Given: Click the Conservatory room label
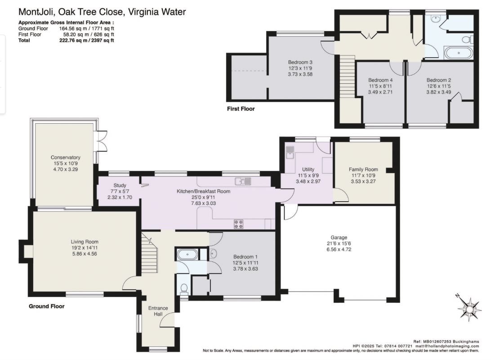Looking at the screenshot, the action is tap(66, 157).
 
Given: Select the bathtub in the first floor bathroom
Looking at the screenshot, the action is tap(459, 53).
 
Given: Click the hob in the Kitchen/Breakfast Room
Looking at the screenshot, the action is tap(238, 224).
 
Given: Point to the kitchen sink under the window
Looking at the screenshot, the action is tap(243, 181).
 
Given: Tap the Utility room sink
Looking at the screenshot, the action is tap(290, 153).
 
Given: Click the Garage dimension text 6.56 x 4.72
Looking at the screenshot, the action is tap(339, 249).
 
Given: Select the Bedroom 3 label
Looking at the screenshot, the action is tap(300, 63).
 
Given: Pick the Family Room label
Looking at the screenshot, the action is tap(363, 169).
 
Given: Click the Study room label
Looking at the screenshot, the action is tap(120, 185).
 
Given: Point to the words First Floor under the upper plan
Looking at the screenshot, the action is tap(241, 109).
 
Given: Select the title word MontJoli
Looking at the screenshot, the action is tap(37, 12).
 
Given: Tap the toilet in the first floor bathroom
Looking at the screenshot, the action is tap(468, 40).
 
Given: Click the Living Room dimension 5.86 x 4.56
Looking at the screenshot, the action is tap(84, 253).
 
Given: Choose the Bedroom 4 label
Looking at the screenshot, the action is tap(380, 80).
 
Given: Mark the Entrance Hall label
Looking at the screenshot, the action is tap(158, 311).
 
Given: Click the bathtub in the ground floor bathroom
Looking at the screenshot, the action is tap(187, 254).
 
